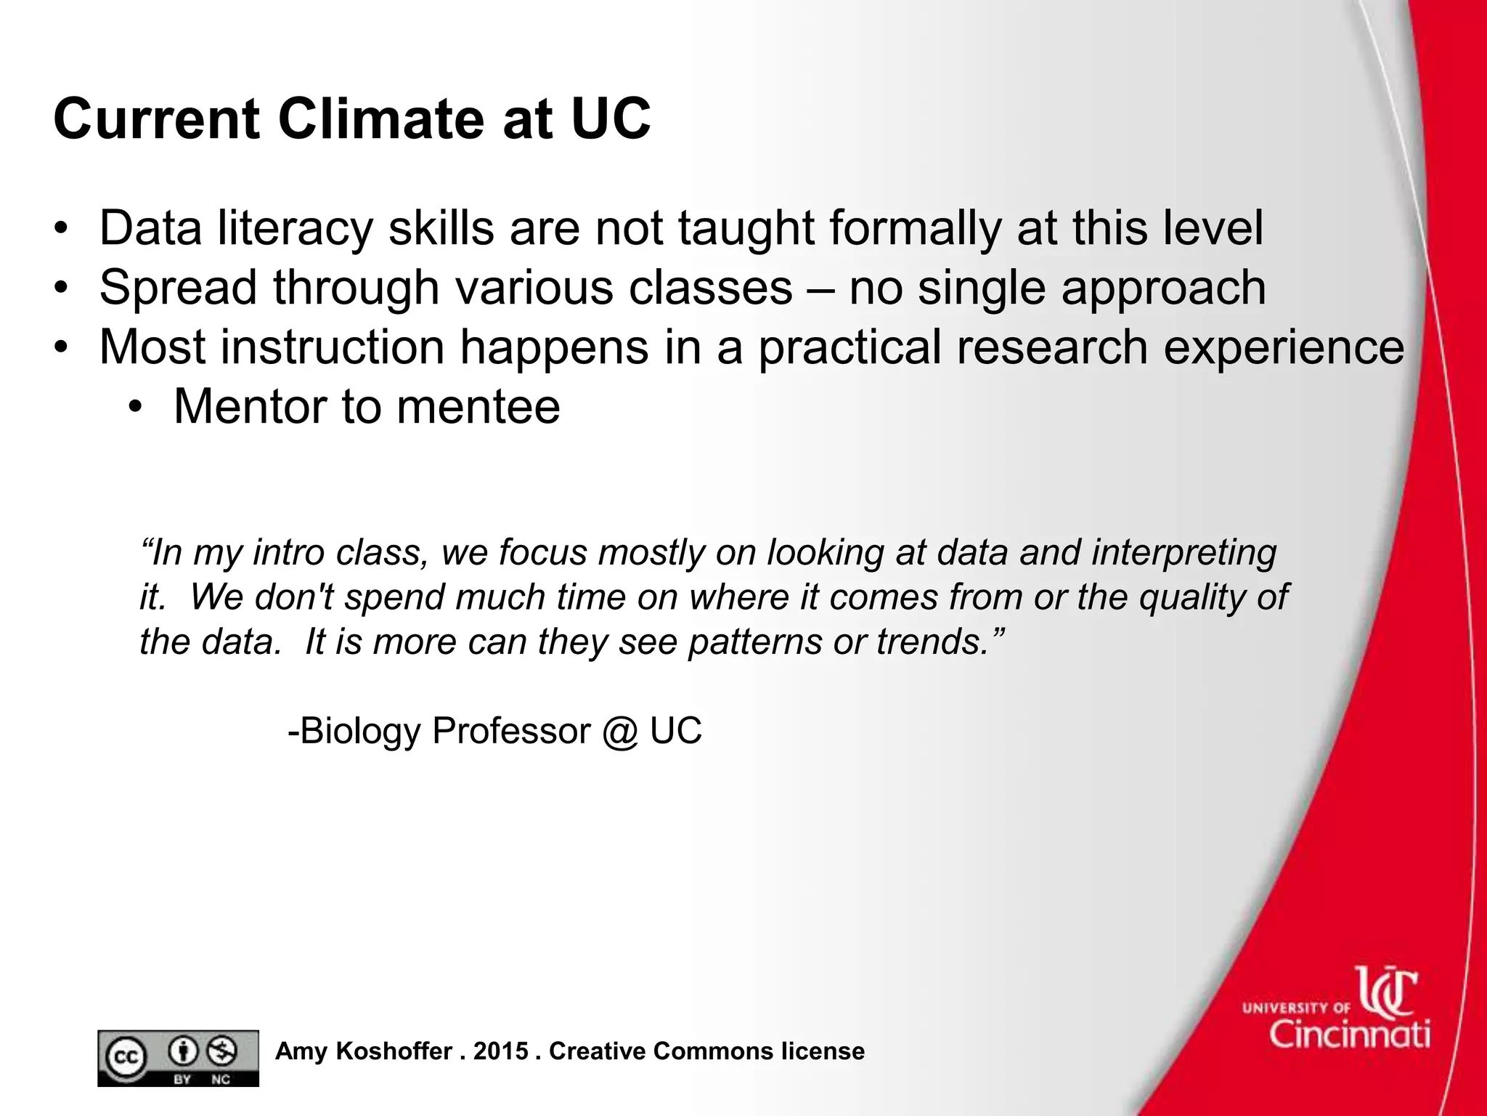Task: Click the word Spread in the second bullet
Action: (178, 287)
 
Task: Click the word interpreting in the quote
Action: (1184, 553)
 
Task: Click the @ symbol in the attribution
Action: (619, 730)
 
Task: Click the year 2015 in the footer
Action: (501, 1051)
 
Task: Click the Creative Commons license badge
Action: (178, 1058)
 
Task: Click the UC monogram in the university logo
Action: (1388, 992)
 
